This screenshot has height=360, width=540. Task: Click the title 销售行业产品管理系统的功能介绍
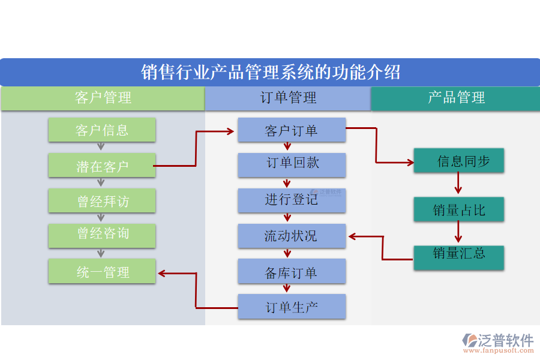[x=270, y=73]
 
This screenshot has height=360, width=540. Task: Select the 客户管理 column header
[x=103, y=98]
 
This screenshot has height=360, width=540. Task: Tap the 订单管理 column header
[x=288, y=98]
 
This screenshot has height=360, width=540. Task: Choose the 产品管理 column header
[x=456, y=98]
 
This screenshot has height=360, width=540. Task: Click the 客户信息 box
[x=102, y=130]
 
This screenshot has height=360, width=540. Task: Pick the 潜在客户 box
[x=102, y=166]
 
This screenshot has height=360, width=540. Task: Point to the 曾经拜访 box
[x=102, y=200]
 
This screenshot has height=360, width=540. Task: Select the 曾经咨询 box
[x=102, y=235]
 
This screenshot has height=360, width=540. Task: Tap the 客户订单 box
[x=292, y=130]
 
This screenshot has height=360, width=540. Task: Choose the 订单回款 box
[x=292, y=165]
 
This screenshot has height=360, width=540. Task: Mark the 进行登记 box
[x=292, y=200]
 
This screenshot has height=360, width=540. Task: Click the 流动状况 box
[x=292, y=236]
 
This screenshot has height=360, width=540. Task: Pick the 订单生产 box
[x=292, y=307]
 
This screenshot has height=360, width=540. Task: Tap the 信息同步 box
[x=458, y=161]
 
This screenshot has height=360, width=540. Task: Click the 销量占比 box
[x=458, y=210]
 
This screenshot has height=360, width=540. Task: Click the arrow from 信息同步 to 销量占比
[x=458, y=184]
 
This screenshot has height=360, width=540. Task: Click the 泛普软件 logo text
[x=506, y=340]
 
